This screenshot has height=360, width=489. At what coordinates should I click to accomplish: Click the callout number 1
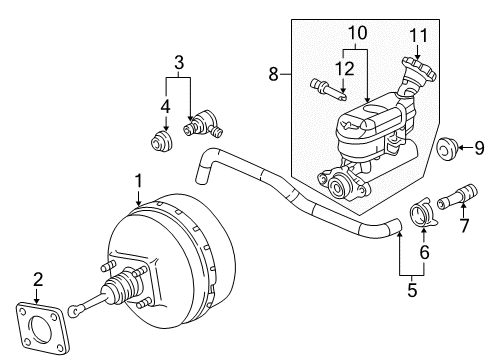click(x=138, y=182)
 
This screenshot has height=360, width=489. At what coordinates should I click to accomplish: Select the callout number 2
click(x=38, y=279)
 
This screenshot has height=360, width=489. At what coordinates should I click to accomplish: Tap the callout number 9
click(x=477, y=148)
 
